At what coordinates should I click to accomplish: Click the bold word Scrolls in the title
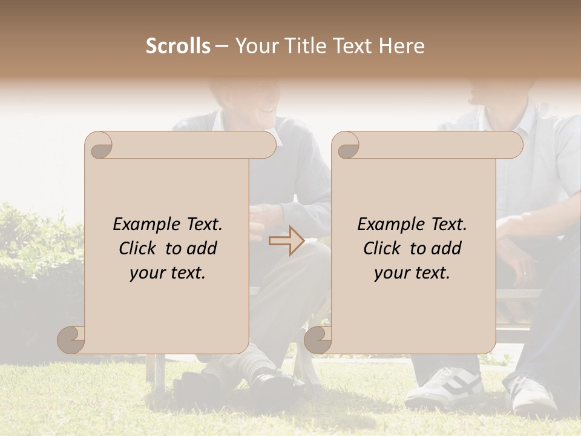[x=178, y=46]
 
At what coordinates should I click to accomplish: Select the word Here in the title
[x=401, y=46]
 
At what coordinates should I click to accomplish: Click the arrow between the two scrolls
[x=286, y=241]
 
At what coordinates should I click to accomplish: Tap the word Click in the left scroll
[x=139, y=248]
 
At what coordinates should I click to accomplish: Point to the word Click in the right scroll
[x=384, y=248]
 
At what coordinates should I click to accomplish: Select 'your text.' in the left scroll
[x=168, y=273]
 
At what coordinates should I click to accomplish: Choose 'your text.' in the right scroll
[x=412, y=273]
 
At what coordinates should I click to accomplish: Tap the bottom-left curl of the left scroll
[x=71, y=340]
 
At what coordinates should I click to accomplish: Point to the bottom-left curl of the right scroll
[x=318, y=340]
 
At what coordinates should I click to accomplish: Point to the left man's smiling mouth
[x=265, y=111]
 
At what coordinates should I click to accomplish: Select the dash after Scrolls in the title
[x=222, y=46]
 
